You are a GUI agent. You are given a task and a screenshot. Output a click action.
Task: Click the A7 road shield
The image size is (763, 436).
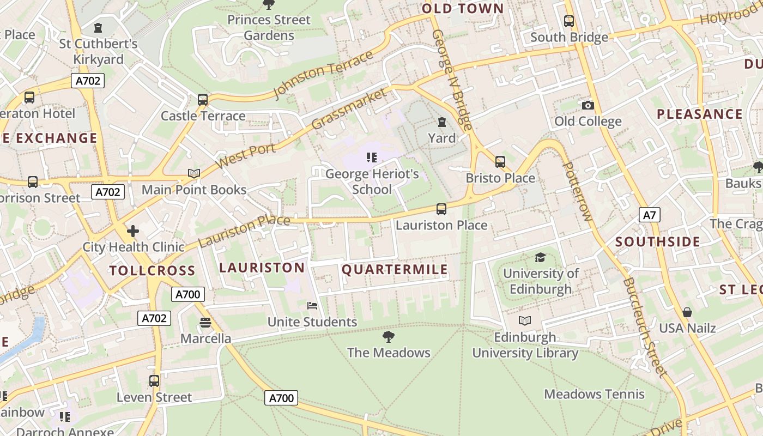tap(649, 215)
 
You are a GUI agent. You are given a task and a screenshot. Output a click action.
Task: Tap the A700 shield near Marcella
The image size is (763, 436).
tap(188, 294)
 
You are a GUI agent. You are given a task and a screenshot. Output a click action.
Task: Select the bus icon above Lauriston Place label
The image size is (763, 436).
tap(441, 209)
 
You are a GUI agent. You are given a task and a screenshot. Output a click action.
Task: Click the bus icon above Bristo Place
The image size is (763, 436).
tap(500, 162)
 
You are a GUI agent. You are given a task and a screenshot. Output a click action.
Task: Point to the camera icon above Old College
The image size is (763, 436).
tap(588, 105)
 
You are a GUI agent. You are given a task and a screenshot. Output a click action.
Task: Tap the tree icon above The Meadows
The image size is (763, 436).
tap(388, 336)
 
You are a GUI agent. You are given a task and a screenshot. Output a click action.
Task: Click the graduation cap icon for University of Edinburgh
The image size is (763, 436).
tap(540, 257)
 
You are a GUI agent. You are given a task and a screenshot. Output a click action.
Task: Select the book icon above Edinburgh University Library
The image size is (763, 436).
tap(524, 321)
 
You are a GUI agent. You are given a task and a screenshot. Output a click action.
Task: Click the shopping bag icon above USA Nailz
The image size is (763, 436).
tap(687, 312)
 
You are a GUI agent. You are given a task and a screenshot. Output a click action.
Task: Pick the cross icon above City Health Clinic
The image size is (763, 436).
tap(133, 231)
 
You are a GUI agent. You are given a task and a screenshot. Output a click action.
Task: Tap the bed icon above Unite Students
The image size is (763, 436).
tap(312, 306)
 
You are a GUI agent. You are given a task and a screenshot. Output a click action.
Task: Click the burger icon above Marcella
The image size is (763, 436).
tap(205, 323)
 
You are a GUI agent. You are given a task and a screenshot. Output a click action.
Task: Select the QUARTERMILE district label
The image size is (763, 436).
tap(395, 269)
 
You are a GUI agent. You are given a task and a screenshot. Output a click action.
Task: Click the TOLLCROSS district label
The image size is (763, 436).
tap(152, 270)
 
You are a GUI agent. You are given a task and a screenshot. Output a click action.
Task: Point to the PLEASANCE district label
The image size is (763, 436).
tap(699, 114)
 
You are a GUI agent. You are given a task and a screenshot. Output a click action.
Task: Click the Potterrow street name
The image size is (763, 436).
tap(577, 191)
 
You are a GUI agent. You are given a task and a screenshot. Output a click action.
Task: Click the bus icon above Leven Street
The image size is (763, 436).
tap(154, 380)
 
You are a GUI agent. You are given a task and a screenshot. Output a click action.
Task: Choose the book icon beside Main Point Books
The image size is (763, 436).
tap(193, 173)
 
